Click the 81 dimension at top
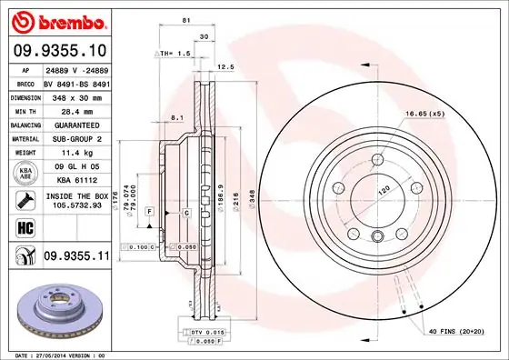point(185,20)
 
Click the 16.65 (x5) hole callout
point(424,114)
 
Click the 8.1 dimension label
point(179,117)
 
